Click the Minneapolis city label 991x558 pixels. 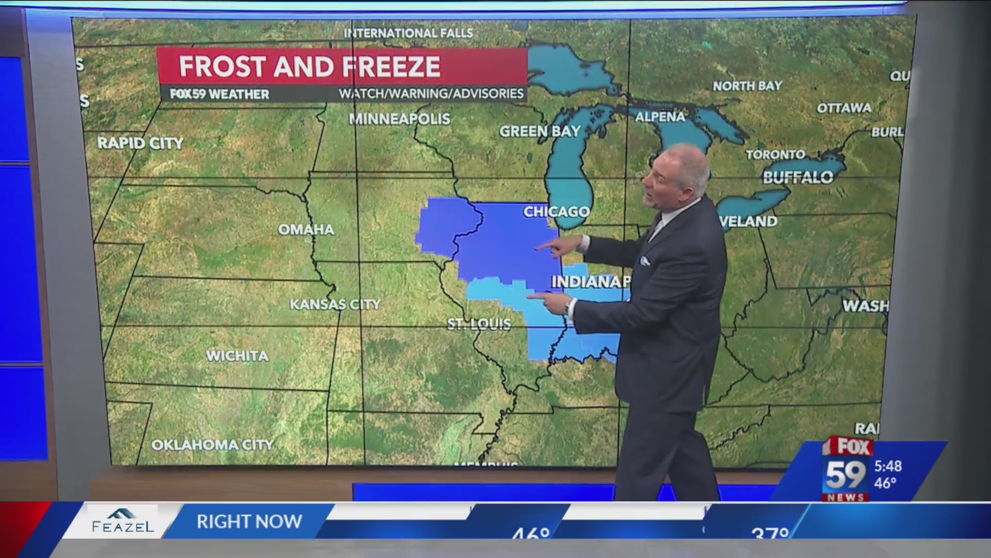[x=399, y=119]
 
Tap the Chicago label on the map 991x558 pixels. [x=556, y=211]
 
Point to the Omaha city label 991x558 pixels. [x=306, y=229]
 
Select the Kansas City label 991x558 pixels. [x=335, y=304]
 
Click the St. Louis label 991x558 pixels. [x=479, y=324]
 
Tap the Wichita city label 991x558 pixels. [x=237, y=355]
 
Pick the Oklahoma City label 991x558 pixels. [x=212, y=445]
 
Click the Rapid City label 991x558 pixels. [x=140, y=143]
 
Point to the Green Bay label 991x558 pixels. [x=540, y=131]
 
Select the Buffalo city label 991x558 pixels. [x=798, y=178]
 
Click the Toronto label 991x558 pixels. [x=775, y=154]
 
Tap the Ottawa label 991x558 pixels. [x=844, y=108]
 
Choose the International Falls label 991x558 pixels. [x=408, y=33]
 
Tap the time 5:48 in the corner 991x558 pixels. [x=888, y=466]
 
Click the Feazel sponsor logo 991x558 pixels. [x=123, y=521]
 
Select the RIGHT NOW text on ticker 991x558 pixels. [x=249, y=522]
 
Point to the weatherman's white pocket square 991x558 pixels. [x=645, y=260]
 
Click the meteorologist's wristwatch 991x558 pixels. [x=569, y=307]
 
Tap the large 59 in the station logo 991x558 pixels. [x=845, y=475]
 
